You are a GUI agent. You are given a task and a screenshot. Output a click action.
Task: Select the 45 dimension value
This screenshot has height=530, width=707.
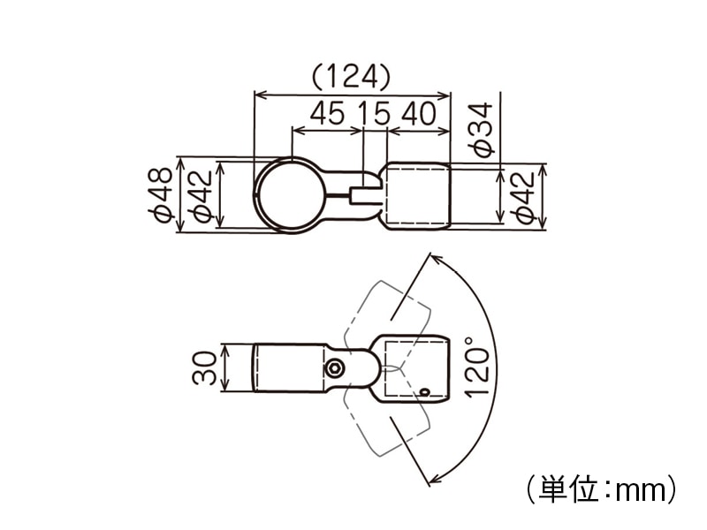point(327,113)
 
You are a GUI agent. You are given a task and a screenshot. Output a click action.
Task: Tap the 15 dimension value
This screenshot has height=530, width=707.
point(374,113)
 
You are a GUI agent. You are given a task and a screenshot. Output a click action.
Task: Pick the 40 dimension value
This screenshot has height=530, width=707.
point(419,113)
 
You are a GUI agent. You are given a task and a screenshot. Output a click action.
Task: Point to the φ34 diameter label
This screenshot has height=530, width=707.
point(481,130)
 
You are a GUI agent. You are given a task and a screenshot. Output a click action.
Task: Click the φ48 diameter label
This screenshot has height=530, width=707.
point(160,195)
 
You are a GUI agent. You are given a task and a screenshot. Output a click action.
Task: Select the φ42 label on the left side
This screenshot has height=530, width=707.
point(199,196)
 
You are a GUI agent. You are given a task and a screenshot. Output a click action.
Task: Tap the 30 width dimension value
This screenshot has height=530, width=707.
point(205,367)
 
